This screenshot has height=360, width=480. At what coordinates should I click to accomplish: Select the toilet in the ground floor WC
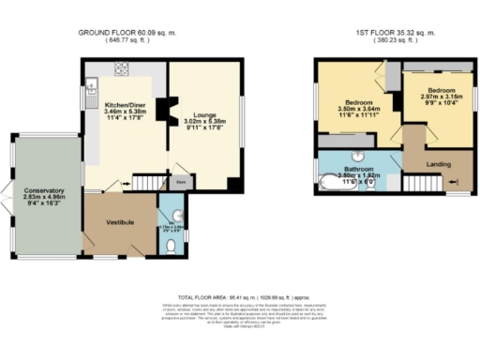pos(170,246)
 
